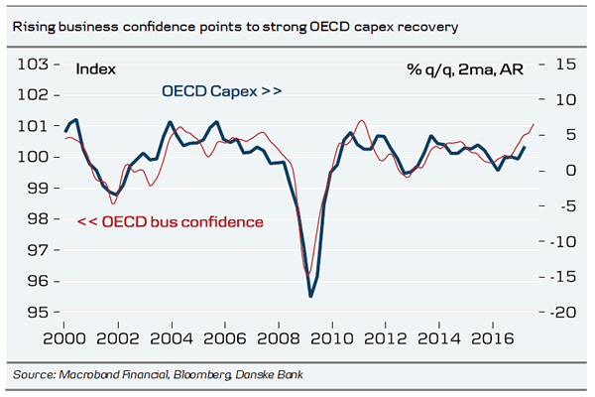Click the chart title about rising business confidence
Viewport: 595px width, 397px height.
click(234, 27)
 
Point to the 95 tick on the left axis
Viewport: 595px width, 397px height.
click(37, 313)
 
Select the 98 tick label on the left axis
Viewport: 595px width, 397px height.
click(37, 219)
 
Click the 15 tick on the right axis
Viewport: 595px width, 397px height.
click(565, 65)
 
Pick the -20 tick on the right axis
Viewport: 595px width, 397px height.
click(561, 313)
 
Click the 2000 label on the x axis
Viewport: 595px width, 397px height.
click(64, 337)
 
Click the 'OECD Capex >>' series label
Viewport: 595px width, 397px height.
click(222, 91)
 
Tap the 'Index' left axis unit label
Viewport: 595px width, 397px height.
click(96, 69)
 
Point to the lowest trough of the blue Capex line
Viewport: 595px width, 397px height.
click(310, 296)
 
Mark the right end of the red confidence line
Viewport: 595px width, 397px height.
click(534, 125)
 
